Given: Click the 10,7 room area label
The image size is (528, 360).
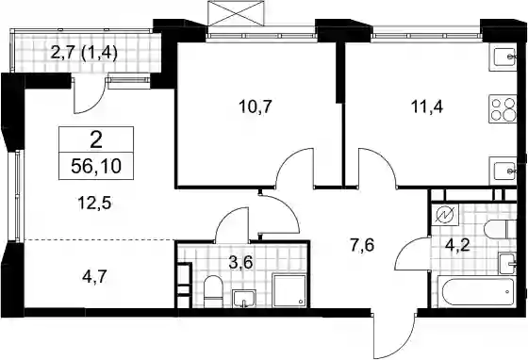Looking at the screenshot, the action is pyautogui.click(x=255, y=107).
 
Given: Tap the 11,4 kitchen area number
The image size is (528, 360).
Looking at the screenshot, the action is pyautogui.click(x=426, y=107).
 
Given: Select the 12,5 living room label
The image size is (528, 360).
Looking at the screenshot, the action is pyautogui.click(x=94, y=204).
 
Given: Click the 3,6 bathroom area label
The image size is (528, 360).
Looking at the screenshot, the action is pyautogui.click(x=240, y=262).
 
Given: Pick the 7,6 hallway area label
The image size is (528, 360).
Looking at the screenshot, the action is pyautogui.click(x=362, y=245).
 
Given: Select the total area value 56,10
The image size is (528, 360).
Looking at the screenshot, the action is pyautogui.click(x=96, y=166).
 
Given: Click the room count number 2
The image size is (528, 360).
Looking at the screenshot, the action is pyautogui.click(x=96, y=140).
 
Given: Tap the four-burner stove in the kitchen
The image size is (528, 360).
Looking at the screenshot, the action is pyautogui.click(x=503, y=109).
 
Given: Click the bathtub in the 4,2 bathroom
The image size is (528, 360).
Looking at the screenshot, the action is pyautogui.click(x=476, y=291).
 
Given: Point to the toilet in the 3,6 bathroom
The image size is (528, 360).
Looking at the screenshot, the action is pyautogui.click(x=213, y=291).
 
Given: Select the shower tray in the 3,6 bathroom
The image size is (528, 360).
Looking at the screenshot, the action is pyautogui.click(x=289, y=290).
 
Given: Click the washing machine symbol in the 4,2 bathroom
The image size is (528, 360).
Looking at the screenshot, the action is pyautogui.click(x=445, y=215).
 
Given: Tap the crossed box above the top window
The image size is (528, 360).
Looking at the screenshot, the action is pyautogui.click(x=236, y=13).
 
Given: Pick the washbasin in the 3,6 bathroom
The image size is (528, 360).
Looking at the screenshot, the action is pyautogui.click(x=244, y=298).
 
